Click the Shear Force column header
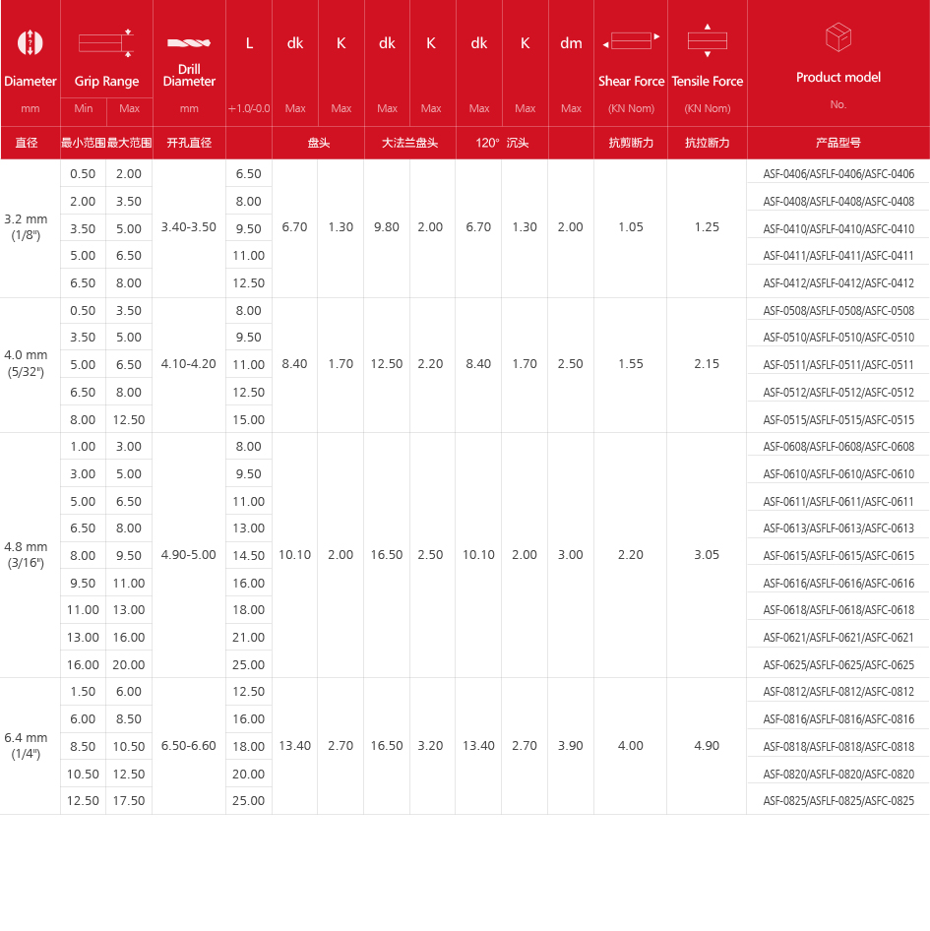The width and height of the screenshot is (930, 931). click(631, 81)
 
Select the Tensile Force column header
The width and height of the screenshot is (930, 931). click(707, 81)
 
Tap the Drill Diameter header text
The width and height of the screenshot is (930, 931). click(190, 75)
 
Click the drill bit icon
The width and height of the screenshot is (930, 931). click(189, 42)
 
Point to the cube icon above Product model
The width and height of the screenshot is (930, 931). click(838, 38)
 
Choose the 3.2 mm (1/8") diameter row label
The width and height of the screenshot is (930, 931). click(26, 226)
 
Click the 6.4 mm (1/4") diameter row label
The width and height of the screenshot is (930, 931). click(26, 745)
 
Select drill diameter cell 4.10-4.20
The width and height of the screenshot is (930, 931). click(189, 364)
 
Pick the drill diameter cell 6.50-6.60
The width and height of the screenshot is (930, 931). click(189, 746)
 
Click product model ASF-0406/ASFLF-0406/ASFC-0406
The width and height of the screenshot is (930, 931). click(838, 174)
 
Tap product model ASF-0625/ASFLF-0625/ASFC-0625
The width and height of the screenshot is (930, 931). click(838, 664)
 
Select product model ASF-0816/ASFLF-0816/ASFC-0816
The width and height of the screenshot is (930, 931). click(838, 719)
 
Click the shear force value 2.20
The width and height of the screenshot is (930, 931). click(631, 555)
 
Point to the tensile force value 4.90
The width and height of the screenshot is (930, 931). click(707, 746)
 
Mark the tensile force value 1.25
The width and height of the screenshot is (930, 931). click(707, 227)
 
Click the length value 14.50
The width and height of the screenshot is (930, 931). click(249, 555)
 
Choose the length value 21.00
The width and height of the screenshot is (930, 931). click(249, 637)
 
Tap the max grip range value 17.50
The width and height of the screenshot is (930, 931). click(129, 801)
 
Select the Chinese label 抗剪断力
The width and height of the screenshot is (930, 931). click(631, 143)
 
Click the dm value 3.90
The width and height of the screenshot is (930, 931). click(571, 746)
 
